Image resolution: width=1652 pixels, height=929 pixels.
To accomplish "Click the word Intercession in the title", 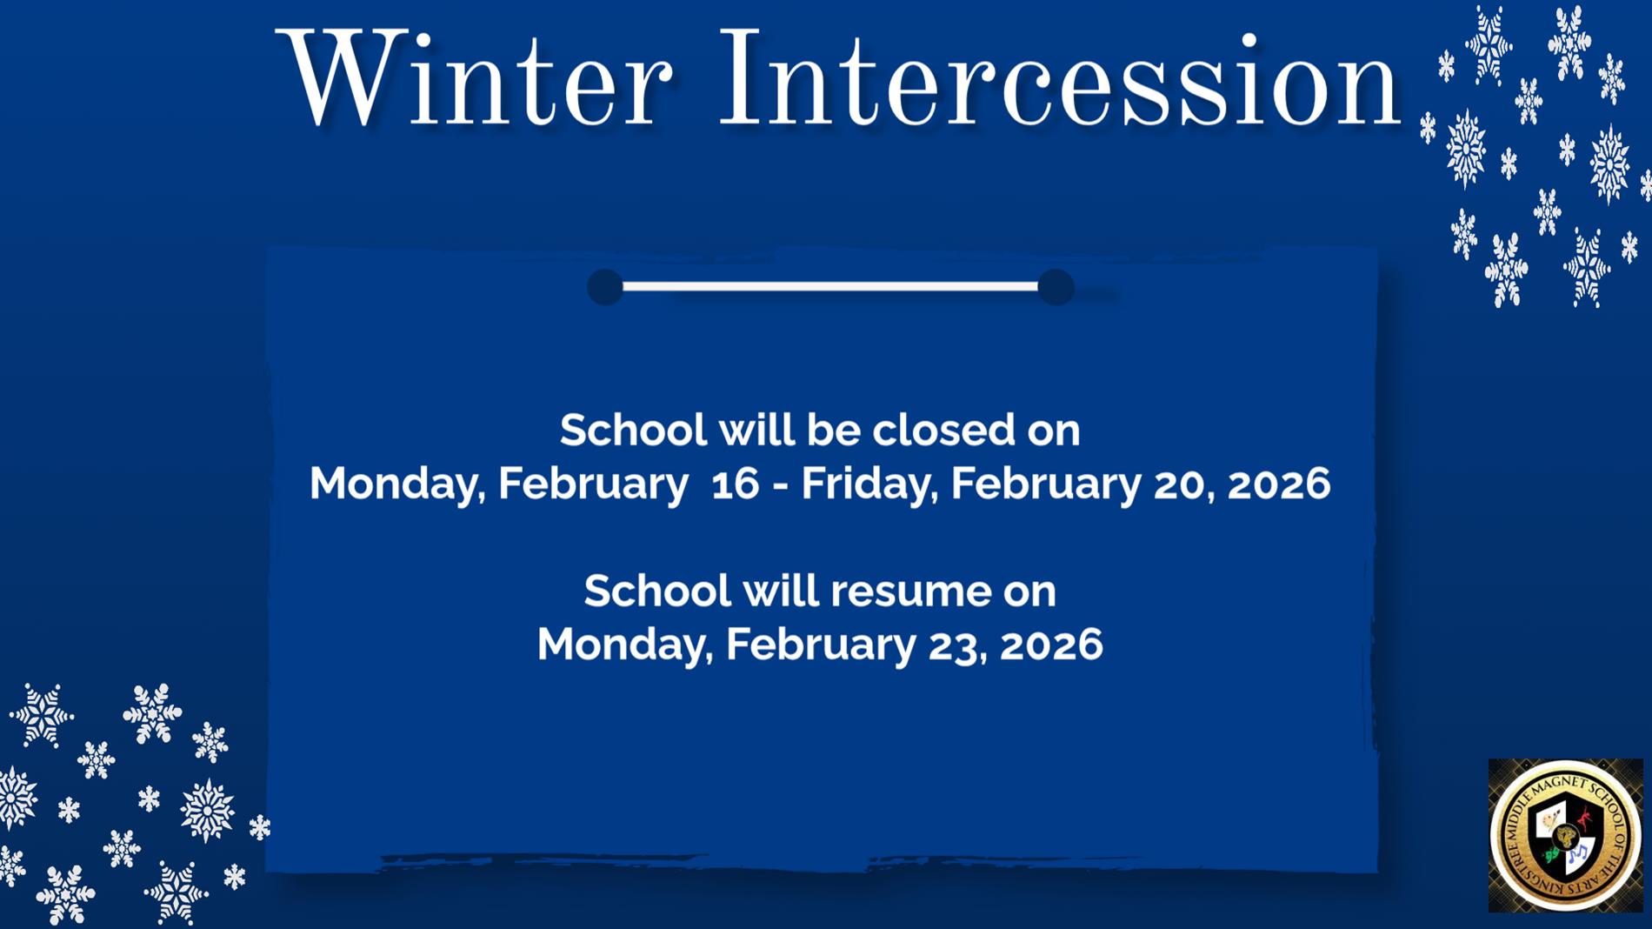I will coord(1057,80).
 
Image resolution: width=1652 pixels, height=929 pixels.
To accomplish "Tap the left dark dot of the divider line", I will coord(605,287).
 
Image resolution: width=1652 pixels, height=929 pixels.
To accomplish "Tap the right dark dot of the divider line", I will coord(1056,287).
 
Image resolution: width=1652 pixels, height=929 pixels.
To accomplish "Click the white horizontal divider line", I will coord(830,286).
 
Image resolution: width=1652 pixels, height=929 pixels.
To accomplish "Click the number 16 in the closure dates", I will coord(735,484).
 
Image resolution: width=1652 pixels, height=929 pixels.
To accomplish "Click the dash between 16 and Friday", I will coord(780,485).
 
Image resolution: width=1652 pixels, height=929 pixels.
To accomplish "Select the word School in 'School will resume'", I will coord(656,591).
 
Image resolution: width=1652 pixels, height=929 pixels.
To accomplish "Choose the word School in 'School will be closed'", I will coord(633,430).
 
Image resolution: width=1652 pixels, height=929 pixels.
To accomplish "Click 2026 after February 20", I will coord(1278,484).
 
